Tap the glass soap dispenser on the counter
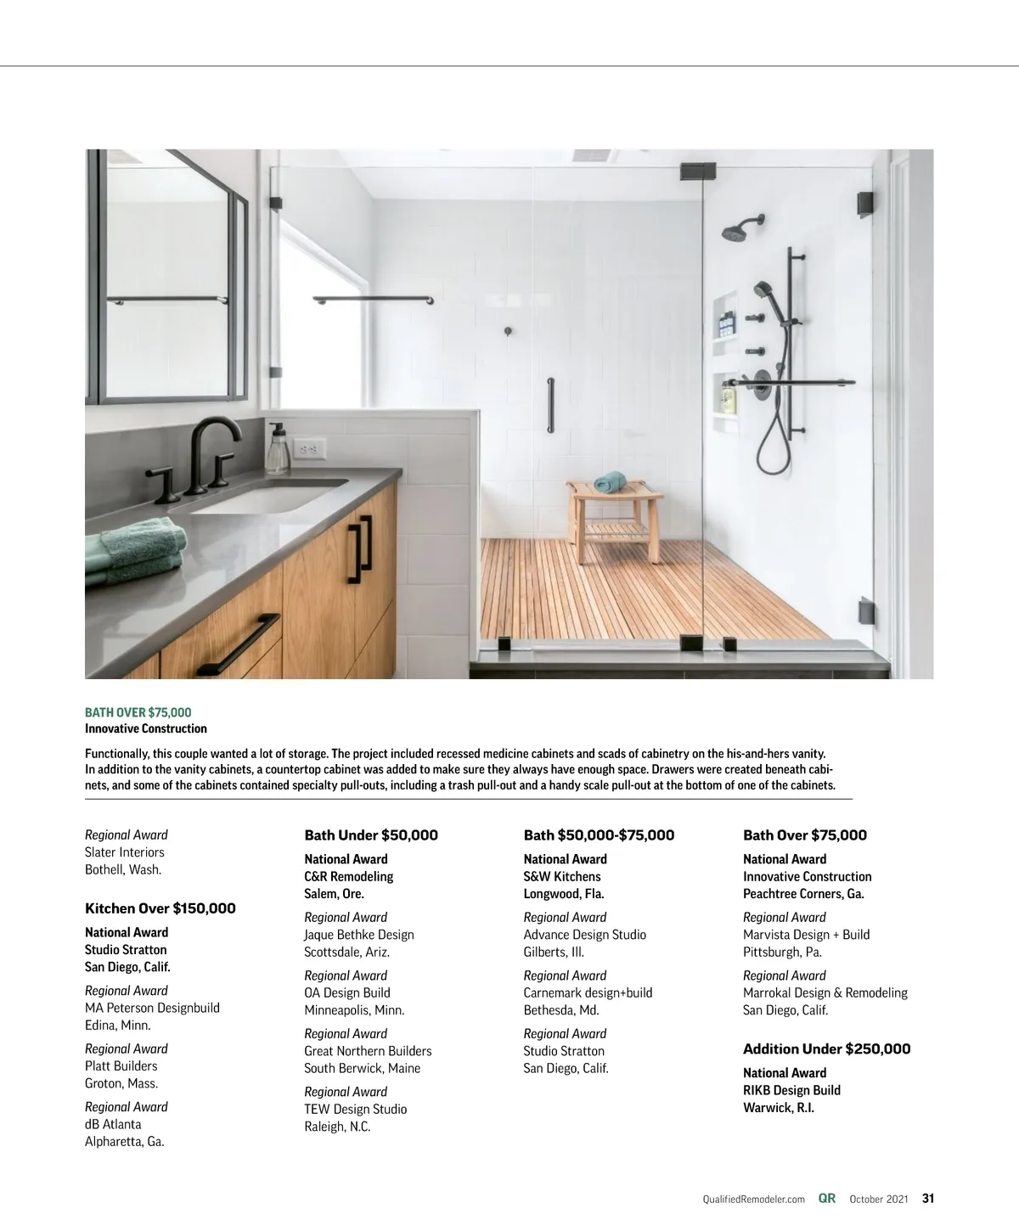(x=277, y=450)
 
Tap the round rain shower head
(x=733, y=231)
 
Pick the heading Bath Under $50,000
(x=371, y=835)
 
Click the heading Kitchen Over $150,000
(x=160, y=908)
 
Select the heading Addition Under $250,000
(x=826, y=1049)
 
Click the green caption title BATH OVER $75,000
(x=138, y=712)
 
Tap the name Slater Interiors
(x=125, y=852)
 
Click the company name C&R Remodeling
(x=349, y=876)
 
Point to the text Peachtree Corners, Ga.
(x=803, y=894)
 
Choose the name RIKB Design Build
(x=791, y=1090)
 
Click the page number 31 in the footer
(x=928, y=1199)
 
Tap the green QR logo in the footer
(x=827, y=1199)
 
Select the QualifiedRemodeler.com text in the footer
(x=754, y=1200)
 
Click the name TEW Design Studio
(x=356, y=1110)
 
